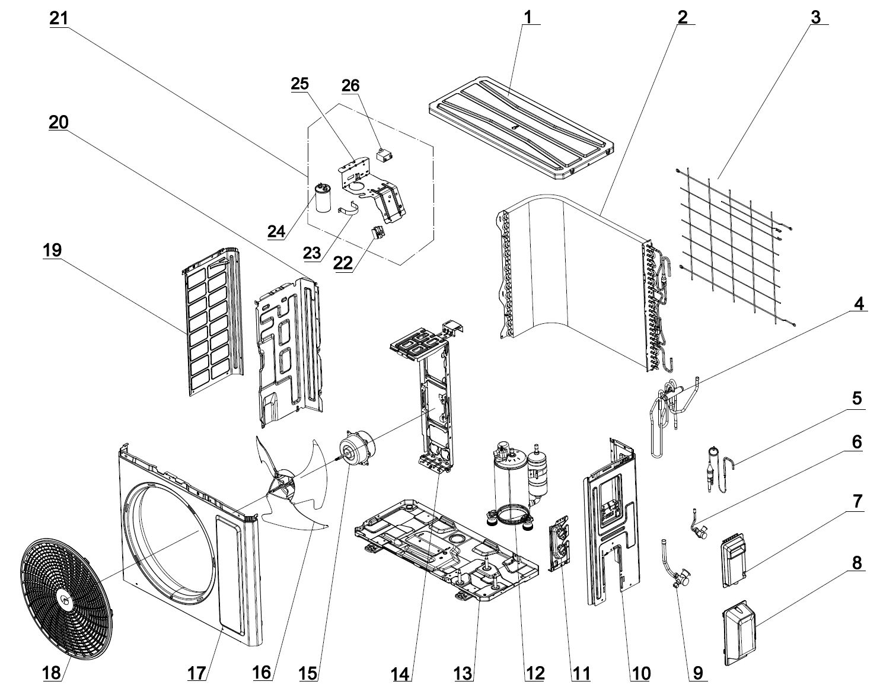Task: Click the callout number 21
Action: [x=59, y=18]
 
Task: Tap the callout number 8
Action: [x=857, y=562]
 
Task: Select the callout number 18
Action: [x=52, y=673]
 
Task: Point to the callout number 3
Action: [x=817, y=17]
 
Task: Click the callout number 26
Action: [x=350, y=85]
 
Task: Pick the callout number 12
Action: [x=535, y=673]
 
